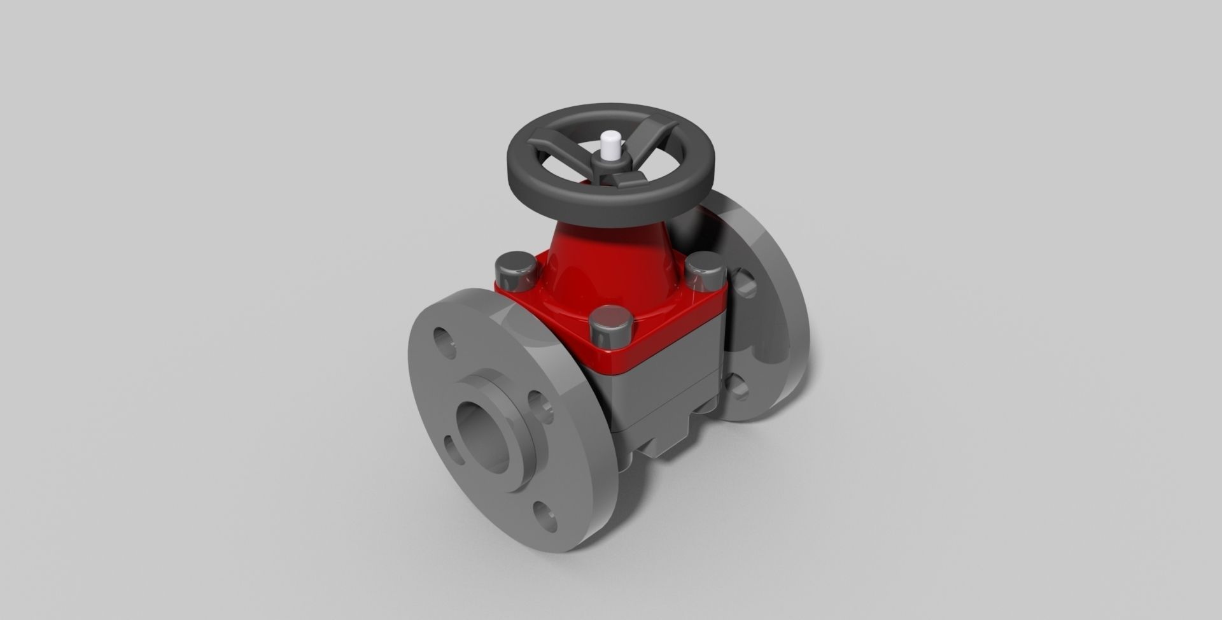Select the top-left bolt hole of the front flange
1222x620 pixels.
[444, 342]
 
